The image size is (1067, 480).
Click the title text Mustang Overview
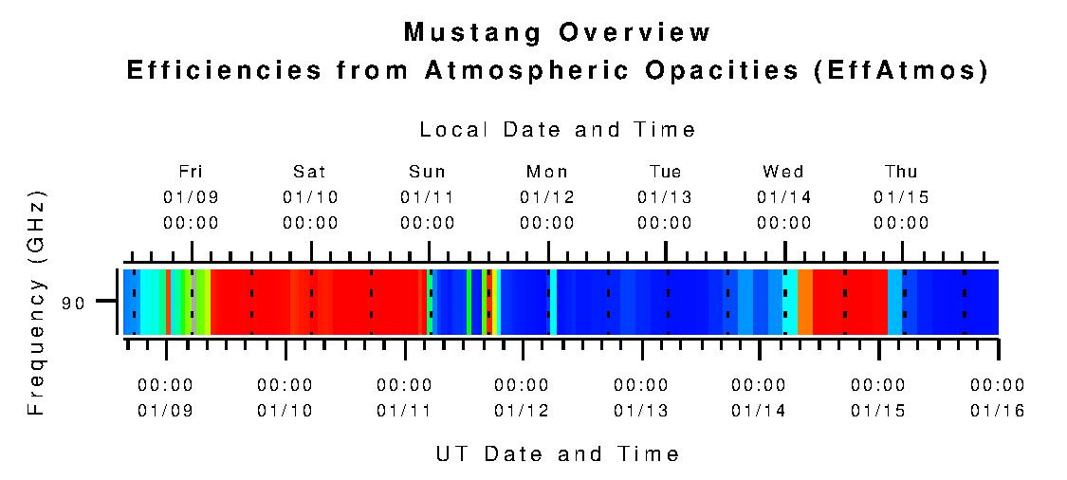click(558, 32)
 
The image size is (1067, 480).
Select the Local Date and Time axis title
click(558, 130)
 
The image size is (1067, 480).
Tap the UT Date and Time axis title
click(558, 453)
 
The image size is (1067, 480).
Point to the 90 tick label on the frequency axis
click(74, 303)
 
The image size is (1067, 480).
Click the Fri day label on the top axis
click(191, 172)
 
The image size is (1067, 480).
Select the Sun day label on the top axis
click(427, 172)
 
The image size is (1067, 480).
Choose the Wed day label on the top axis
click(783, 172)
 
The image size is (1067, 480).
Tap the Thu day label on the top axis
click(901, 172)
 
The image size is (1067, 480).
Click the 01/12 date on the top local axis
click(547, 197)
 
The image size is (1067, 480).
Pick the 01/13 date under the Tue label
click(665, 197)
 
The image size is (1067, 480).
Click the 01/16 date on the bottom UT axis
click(997, 411)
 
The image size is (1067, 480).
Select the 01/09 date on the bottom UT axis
click(165, 411)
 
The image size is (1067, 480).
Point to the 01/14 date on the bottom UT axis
click(759, 411)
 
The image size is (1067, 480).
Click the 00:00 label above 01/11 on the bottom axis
click(404, 385)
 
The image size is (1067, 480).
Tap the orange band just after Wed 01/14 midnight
click(804, 302)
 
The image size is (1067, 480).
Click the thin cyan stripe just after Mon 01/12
click(553, 302)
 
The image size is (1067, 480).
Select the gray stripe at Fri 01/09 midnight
click(193, 302)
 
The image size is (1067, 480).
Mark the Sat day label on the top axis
click(309, 172)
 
